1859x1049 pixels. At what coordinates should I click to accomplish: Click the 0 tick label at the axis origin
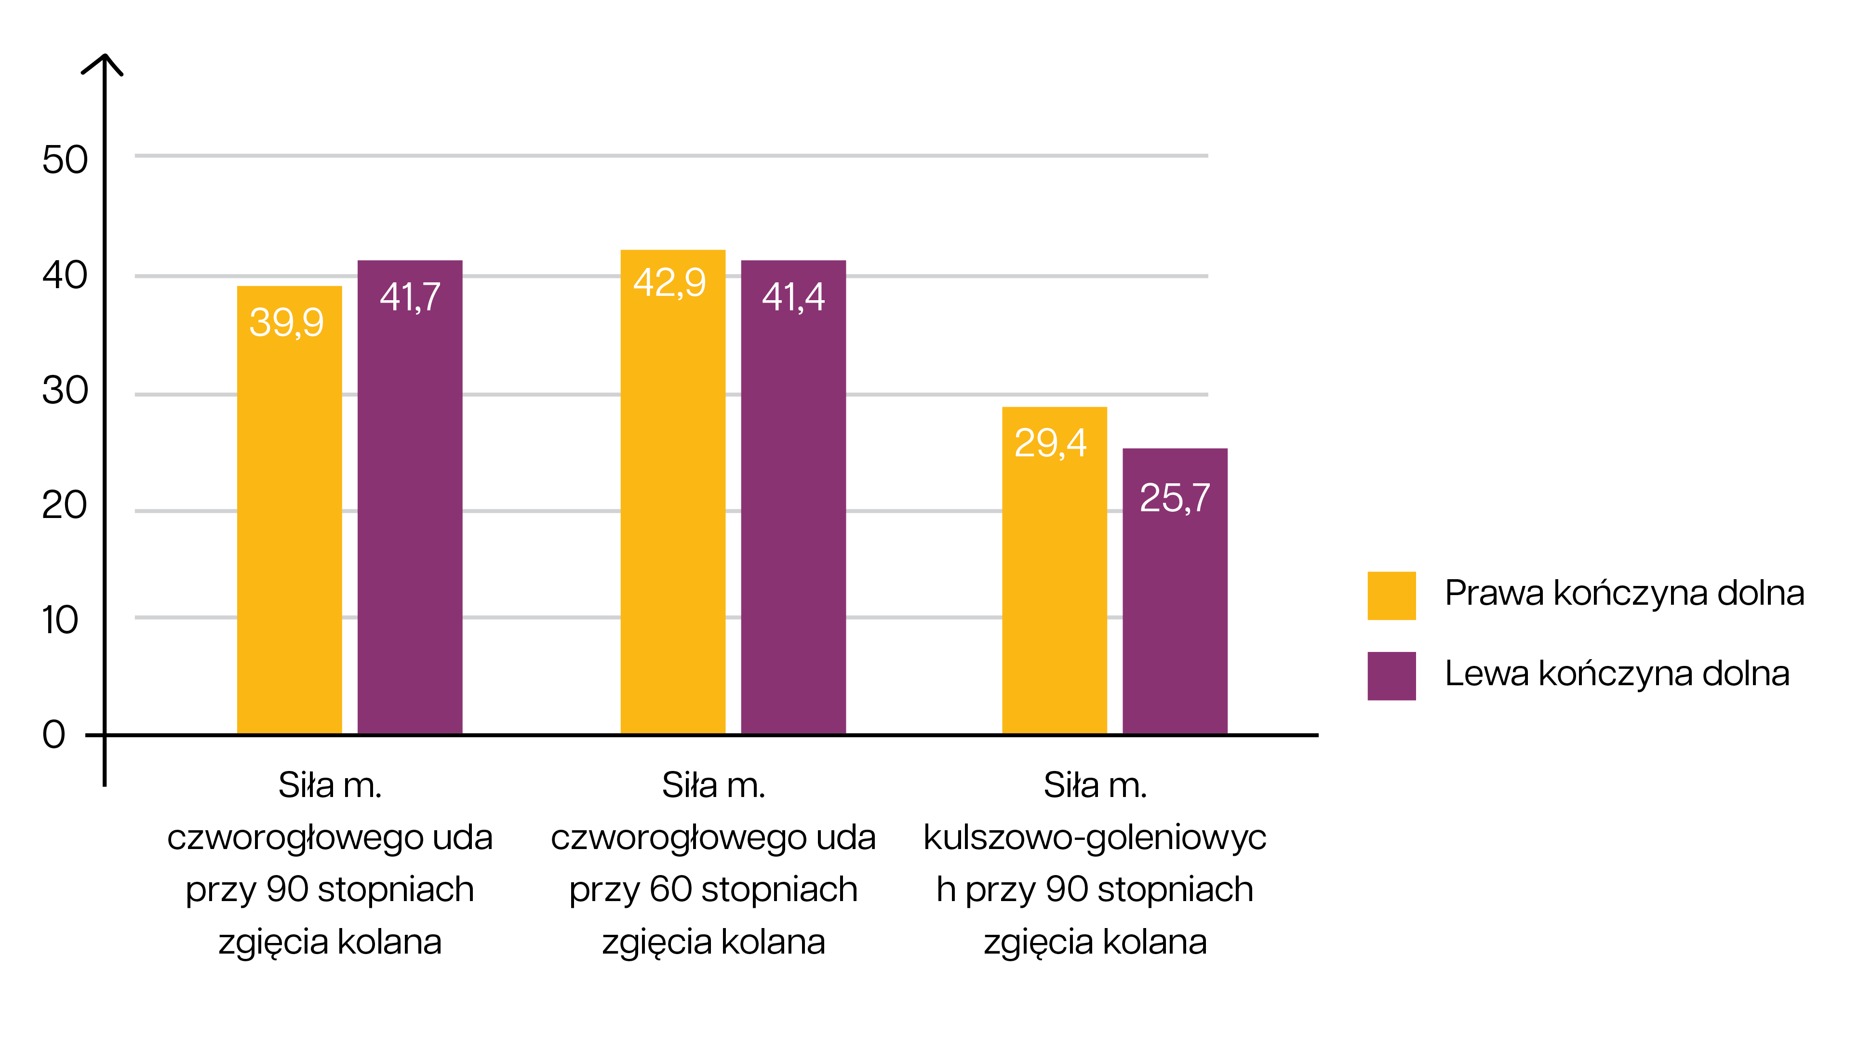[x=53, y=734]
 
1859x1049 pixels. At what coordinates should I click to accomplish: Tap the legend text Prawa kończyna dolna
[x=1624, y=593]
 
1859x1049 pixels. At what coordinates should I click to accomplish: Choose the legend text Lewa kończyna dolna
[x=1617, y=673]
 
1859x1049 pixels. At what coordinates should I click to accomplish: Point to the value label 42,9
[x=669, y=282]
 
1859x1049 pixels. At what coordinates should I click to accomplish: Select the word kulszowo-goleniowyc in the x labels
[x=1094, y=837]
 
